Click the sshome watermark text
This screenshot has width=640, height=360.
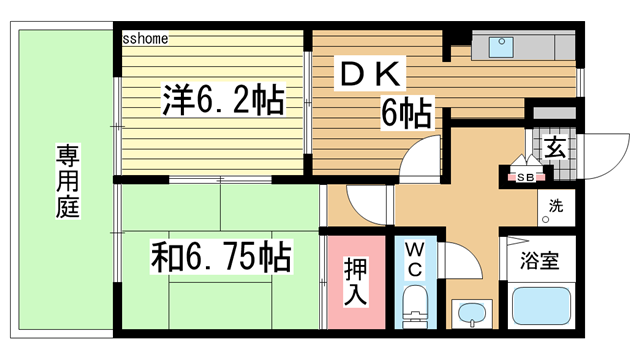[145, 39]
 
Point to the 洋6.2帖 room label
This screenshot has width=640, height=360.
[221, 100]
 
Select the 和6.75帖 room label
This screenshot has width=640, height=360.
[221, 258]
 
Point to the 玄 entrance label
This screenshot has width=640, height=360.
[556, 148]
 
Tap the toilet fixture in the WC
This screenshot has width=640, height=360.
[412, 306]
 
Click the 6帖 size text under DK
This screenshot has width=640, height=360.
[405, 114]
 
